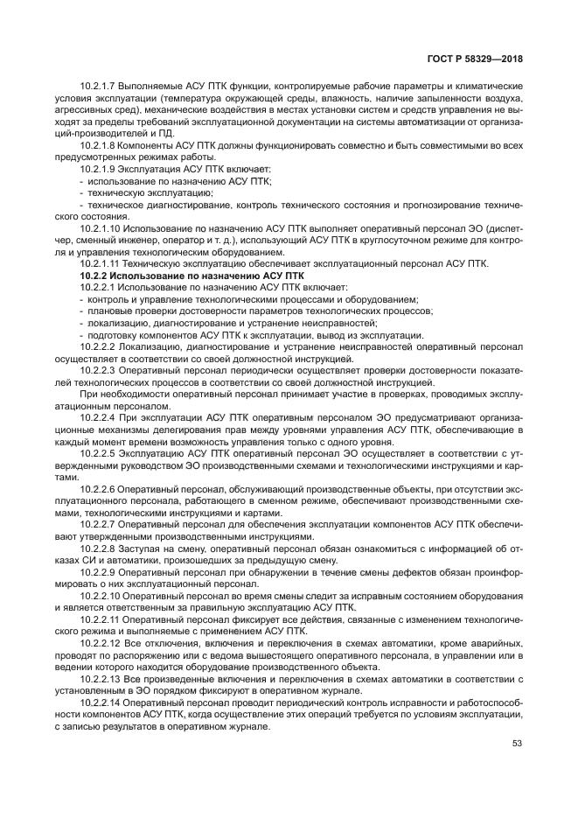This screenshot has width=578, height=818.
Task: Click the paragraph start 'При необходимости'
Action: click(x=115, y=394)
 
